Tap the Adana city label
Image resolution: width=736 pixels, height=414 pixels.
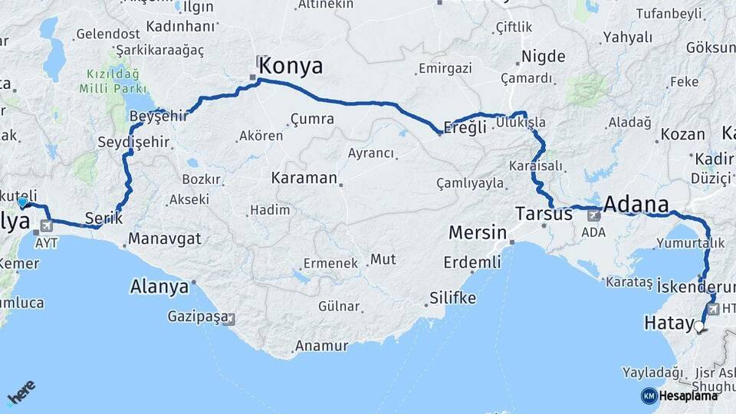point(636,204)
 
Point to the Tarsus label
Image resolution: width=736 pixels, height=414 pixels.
point(544,214)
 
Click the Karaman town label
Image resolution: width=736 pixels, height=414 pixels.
point(304,179)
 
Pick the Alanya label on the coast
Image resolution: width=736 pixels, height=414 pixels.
point(159,287)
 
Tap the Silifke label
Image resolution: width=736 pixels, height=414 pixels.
point(452,297)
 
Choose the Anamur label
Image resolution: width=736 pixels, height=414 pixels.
point(321,346)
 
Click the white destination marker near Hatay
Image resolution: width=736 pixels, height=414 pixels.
point(698,327)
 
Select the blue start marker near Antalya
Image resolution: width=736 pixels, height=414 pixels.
point(23,202)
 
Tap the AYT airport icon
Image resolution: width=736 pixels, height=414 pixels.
point(48,226)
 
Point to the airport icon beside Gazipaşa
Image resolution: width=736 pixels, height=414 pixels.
point(229,318)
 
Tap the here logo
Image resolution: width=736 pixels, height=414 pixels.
point(21,393)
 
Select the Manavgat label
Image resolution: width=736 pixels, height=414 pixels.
point(163,238)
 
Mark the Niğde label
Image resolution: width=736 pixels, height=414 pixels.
point(543,56)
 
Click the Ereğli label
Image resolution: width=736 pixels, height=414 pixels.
point(466,127)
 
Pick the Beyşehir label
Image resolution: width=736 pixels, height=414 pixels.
point(159,116)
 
